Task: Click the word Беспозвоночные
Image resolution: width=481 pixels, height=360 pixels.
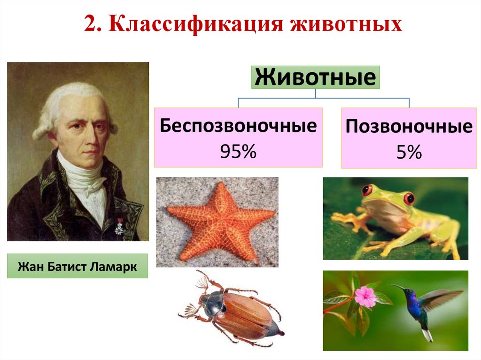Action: (x=238, y=127)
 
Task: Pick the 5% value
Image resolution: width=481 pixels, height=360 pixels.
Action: (x=409, y=152)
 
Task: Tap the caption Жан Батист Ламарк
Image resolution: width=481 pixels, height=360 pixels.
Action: (x=78, y=267)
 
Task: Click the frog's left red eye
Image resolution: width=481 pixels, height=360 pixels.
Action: (x=366, y=191)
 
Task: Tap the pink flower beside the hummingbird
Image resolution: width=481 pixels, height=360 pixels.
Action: (x=365, y=297)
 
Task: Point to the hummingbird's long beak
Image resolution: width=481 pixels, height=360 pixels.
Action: (x=397, y=286)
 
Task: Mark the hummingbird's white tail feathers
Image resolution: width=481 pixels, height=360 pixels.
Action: (x=427, y=335)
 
